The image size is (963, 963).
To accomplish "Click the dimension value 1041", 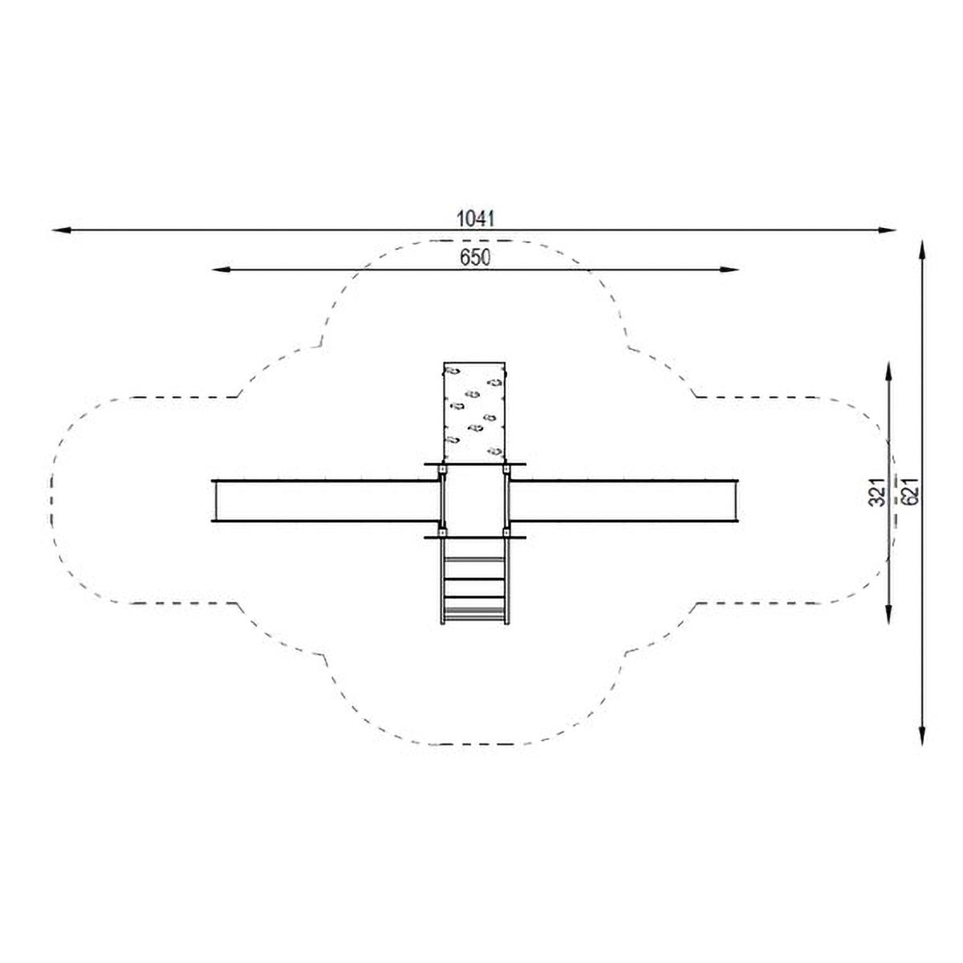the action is coord(475,218).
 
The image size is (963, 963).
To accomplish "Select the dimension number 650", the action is coord(475,258).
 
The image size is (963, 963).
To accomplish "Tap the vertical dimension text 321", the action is coord(878,492).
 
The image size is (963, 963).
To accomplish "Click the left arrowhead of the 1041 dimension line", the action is coord(60,230).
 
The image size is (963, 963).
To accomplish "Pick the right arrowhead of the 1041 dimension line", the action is coord(887,230).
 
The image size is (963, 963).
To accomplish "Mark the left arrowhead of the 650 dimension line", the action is coord(221,270).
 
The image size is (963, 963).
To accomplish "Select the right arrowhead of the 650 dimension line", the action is coord(729,270).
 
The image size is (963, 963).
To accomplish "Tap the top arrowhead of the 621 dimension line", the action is coord(923,250).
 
